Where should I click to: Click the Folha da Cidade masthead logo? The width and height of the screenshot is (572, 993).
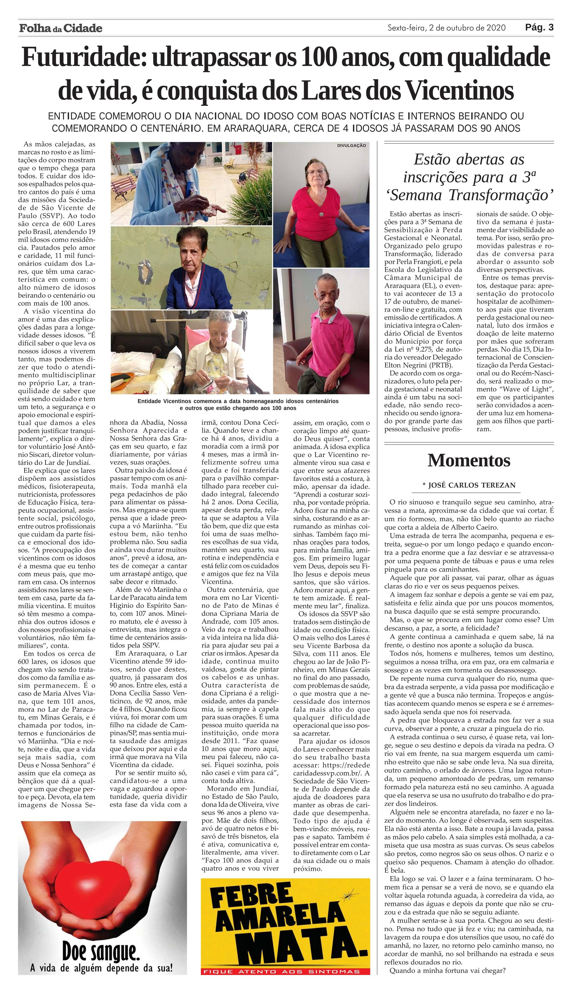point(61,28)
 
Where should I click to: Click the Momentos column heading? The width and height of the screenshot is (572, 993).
point(469,460)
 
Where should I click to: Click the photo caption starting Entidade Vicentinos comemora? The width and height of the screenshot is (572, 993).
point(238,404)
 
